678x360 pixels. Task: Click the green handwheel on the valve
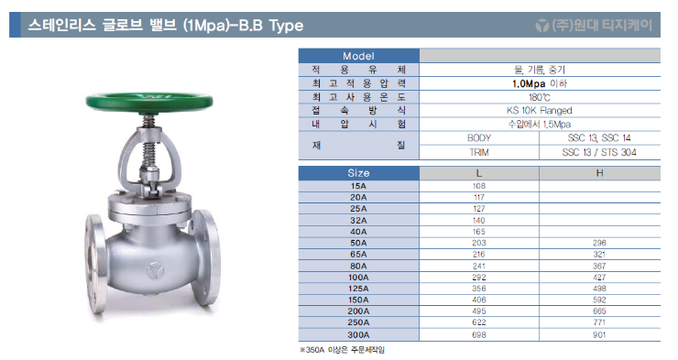[x=149, y=101]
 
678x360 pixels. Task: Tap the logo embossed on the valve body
[x=154, y=271]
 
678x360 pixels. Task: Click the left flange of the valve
[x=96, y=263]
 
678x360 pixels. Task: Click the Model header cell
[x=358, y=56]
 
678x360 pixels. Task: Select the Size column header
[x=358, y=173]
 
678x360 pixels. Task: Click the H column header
[x=599, y=173]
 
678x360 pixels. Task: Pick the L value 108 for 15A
[x=478, y=186]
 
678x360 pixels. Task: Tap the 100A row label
[x=358, y=278]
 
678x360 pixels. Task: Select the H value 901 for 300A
[x=599, y=335]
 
